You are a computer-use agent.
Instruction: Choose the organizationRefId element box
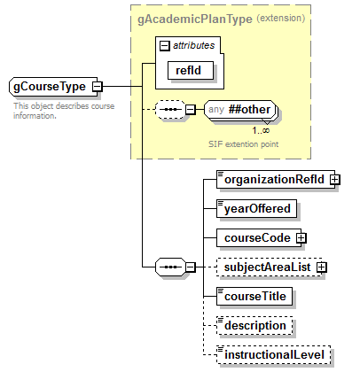(272, 179)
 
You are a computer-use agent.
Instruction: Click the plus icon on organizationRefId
(334, 179)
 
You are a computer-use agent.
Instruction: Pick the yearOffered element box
(256, 208)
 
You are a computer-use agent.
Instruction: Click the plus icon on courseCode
(301, 237)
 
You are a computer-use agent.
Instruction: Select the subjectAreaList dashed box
(265, 267)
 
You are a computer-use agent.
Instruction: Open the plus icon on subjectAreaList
(321, 267)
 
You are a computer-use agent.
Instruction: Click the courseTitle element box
(255, 296)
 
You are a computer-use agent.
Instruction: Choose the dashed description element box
(255, 325)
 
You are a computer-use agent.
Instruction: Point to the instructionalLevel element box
(275, 354)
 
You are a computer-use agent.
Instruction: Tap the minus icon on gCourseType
(96, 87)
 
